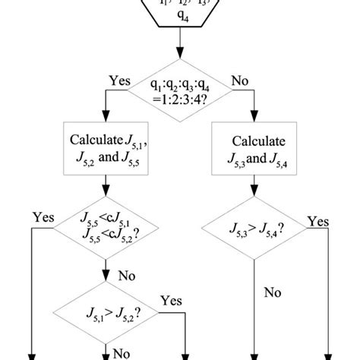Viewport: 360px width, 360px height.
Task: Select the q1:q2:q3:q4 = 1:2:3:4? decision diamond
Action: [x=180, y=92]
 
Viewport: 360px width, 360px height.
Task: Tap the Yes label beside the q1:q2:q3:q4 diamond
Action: [x=120, y=79]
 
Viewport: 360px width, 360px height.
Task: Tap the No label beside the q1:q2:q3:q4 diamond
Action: [x=241, y=79]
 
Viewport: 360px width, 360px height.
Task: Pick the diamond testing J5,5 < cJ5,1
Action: [x=105, y=226]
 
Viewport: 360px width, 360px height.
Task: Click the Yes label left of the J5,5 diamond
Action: [x=43, y=217]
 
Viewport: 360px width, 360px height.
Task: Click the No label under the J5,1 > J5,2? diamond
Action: [x=121, y=352]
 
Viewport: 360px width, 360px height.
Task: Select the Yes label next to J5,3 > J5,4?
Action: [x=317, y=221]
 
